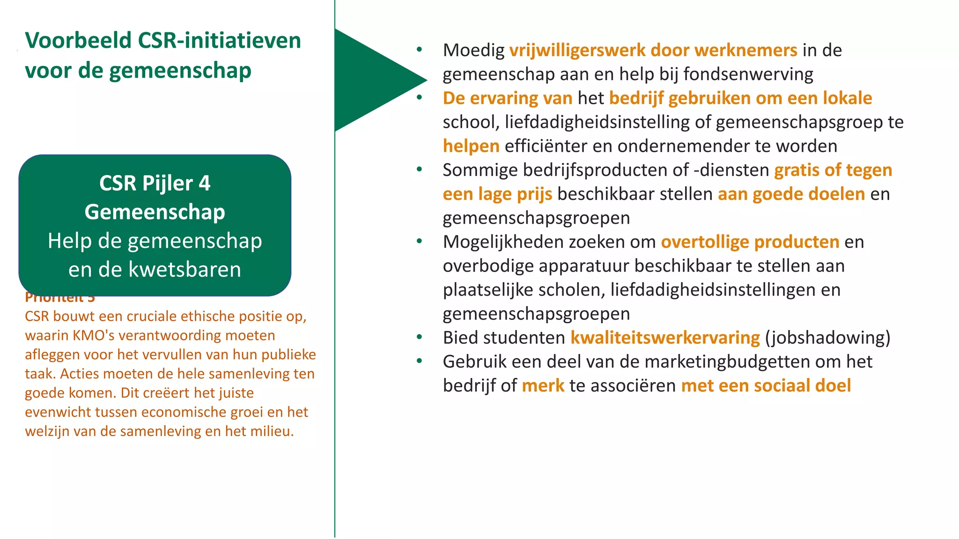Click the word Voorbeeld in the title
point(78,40)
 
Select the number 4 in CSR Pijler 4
point(205,183)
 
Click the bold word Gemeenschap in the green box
point(155,212)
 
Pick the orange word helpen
point(471,146)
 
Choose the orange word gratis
point(797,170)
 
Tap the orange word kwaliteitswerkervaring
point(664,338)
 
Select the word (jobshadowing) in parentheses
point(827,338)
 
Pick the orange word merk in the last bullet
point(543,386)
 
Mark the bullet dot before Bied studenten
point(419,337)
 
